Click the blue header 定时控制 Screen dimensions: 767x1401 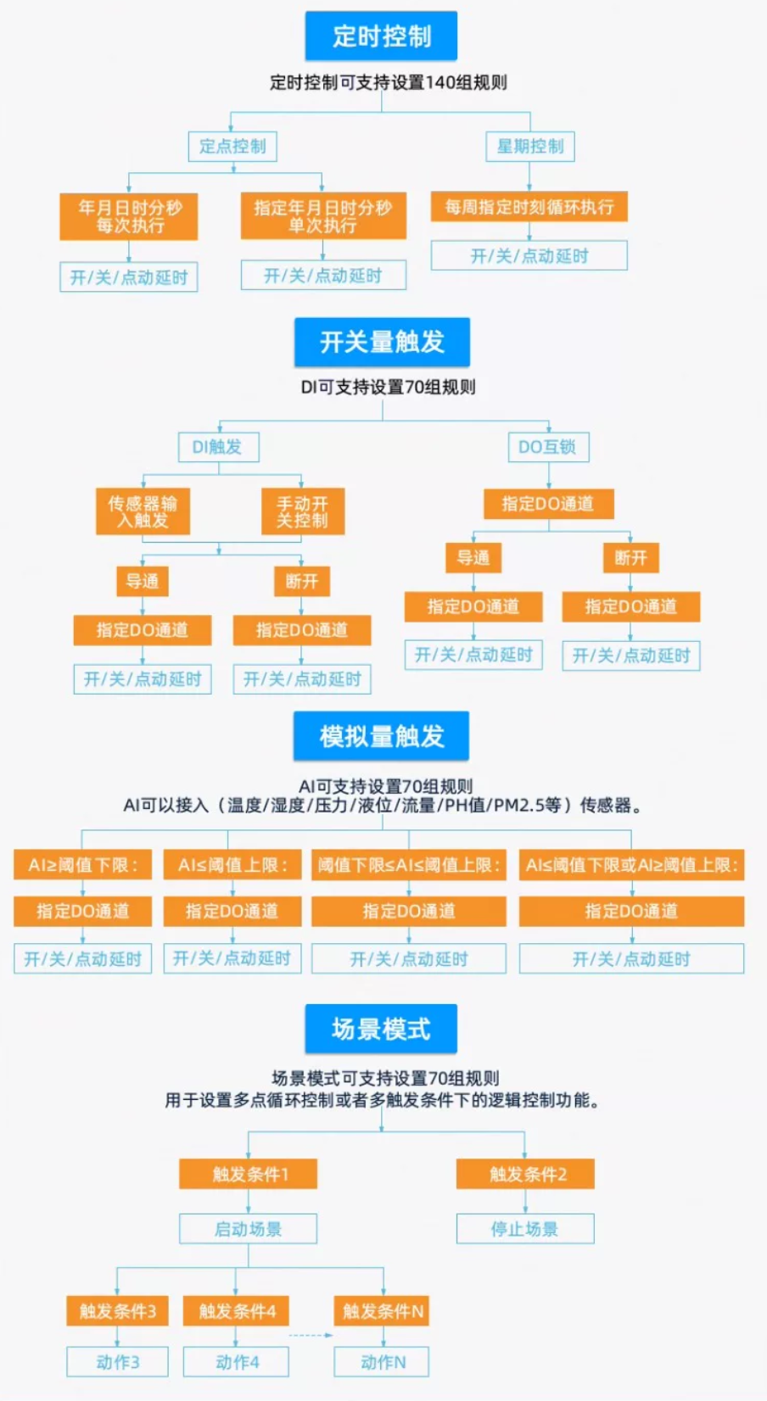coord(381,36)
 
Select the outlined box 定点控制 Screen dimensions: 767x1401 coord(232,147)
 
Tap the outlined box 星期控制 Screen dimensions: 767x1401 coord(530,147)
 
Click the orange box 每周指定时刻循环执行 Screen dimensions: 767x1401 coord(529,206)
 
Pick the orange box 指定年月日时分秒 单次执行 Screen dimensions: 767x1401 coord(323,215)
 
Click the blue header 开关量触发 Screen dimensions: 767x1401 coord(383,342)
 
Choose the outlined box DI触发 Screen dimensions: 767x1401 coord(219,447)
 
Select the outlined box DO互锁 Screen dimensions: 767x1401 coord(549,447)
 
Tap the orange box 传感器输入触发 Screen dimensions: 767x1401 coord(143,511)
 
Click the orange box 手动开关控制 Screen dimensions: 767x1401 coord(303,511)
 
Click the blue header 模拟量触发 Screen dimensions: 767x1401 coord(382,736)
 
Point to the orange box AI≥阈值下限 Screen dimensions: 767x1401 coord(82,865)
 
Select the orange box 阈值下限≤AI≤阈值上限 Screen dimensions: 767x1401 coord(409,865)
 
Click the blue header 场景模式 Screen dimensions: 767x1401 coord(381,1029)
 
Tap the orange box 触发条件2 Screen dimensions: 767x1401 coord(525,1174)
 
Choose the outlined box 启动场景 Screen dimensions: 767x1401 coord(249,1229)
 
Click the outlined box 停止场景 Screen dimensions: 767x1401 coord(525,1229)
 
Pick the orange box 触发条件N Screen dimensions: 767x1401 coord(383,1311)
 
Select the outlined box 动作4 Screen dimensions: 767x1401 coord(237,1362)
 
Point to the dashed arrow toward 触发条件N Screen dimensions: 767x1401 coord(311,1336)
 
